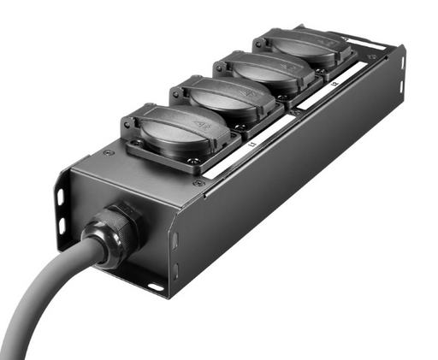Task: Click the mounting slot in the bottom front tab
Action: pos(154,286)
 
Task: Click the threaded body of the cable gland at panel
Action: pos(128,224)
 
